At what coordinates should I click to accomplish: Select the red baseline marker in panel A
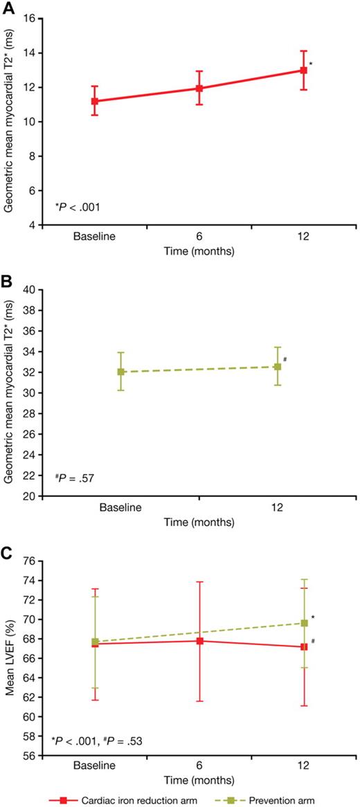click(94, 101)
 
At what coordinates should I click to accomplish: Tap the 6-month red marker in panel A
click(199, 89)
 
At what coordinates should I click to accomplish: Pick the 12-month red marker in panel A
click(304, 70)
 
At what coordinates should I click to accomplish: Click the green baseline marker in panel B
click(120, 372)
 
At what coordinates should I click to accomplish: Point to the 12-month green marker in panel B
click(278, 366)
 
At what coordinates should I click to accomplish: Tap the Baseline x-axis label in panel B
click(120, 508)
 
